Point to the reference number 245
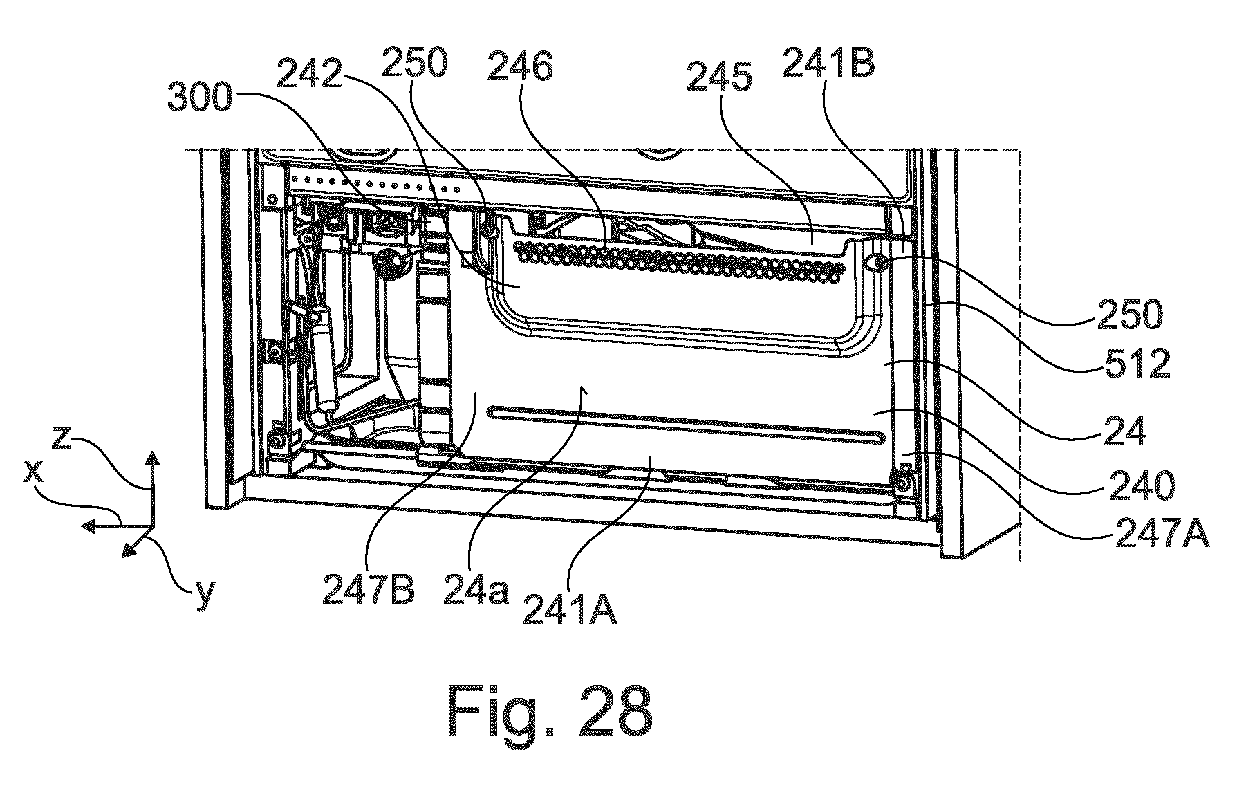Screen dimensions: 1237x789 (x=719, y=80)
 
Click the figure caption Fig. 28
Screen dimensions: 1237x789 (x=550, y=712)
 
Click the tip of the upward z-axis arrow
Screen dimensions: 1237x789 (x=153, y=451)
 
